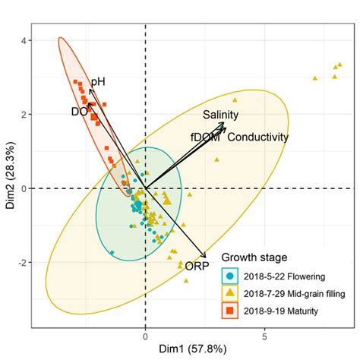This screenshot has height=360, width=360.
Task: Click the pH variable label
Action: [x=98, y=81]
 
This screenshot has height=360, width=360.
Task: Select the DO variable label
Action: [x=79, y=112]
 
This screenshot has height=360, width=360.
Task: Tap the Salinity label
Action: [x=220, y=115]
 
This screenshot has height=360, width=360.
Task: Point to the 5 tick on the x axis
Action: [x=265, y=335]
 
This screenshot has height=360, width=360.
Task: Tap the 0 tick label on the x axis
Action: [x=145, y=335]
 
